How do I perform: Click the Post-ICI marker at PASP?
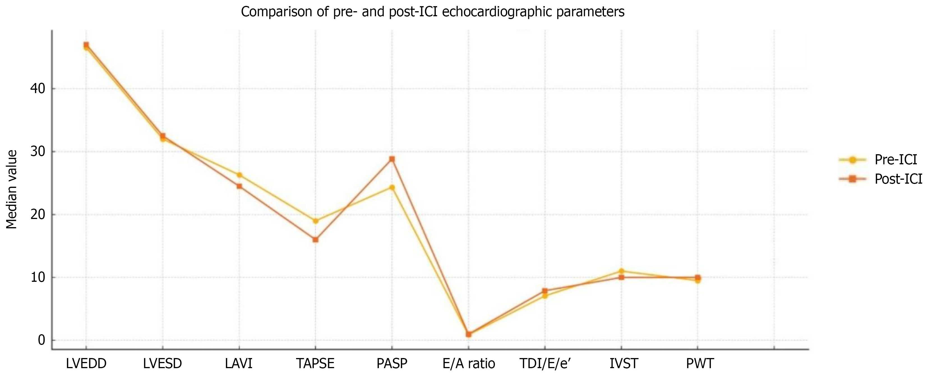[x=392, y=159]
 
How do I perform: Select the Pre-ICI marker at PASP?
[x=392, y=188]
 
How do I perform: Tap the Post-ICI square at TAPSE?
[x=315, y=239]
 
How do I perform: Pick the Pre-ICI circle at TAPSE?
[x=315, y=221]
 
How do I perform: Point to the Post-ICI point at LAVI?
[x=239, y=186]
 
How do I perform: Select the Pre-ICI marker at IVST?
[x=621, y=271]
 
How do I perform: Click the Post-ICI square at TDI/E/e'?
[x=544, y=291]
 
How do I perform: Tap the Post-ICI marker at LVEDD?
[x=86, y=44]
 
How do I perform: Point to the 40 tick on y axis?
[x=38, y=89]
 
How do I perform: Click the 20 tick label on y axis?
[x=38, y=214]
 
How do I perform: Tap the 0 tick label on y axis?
[x=41, y=340]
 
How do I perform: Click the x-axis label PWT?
[x=700, y=363]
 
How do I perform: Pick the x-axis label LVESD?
[x=162, y=363]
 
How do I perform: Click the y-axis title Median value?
[x=11, y=189]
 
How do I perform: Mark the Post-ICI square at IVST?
[x=621, y=277]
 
